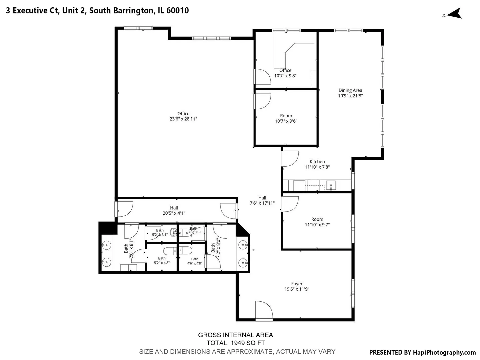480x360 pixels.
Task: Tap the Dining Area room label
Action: (350, 90)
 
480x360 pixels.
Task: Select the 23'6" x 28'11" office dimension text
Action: (183, 119)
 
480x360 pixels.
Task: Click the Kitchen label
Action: (317, 162)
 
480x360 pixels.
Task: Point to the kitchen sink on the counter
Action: (331, 185)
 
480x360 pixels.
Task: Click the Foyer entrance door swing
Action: (264, 310)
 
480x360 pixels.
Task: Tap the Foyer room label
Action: (297, 283)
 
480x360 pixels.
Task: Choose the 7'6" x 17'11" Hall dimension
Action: (262, 203)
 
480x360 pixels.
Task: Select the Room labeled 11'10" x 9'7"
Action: (317, 222)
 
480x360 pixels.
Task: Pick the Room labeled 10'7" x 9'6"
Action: (286, 118)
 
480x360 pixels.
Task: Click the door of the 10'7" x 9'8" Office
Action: (262, 77)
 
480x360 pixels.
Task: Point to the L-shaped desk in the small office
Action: (294, 50)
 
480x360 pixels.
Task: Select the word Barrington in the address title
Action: (133, 10)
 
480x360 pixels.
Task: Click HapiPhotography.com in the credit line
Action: (444, 352)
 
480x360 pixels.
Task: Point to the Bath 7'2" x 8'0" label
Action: (215, 248)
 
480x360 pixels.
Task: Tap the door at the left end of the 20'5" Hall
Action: (124, 209)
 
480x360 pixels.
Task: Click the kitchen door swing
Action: (290, 159)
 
